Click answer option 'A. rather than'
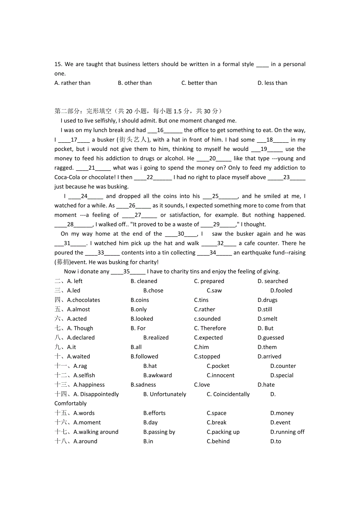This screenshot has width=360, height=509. coord(72,83)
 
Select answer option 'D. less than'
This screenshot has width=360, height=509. coord(272,83)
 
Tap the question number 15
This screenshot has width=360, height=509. coord(58,64)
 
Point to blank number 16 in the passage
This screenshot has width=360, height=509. coord(160,130)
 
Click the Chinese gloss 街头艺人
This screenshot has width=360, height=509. coord(133,140)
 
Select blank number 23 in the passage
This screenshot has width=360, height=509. coord(286,177)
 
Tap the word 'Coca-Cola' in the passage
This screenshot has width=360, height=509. coord(67,177)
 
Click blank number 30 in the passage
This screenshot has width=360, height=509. coord(181,234)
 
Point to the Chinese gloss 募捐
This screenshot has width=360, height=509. coord(63,262)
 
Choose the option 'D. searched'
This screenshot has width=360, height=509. coord(273,281)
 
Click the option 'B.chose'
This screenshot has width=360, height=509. coord(153,290)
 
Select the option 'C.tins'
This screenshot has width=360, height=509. coord(201,300)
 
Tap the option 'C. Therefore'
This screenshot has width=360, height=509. coord(210,328)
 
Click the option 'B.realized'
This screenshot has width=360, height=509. coord(156,337)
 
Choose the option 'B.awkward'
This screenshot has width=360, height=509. coord(158,375)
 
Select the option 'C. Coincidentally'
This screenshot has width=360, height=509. coord(228,394)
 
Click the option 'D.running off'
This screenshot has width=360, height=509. coord(287,432)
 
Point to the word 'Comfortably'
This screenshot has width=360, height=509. coord(70,403)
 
